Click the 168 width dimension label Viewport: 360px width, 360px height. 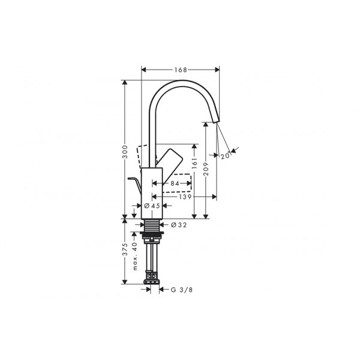pyautogui.click(x=181, y=70)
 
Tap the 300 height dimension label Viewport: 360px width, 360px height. pyautogui.click(x=125, y=152)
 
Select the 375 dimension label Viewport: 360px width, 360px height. pyautogui.click(x=125, y=250)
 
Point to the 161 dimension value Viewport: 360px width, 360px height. pyautogui.click(x=194, y=163)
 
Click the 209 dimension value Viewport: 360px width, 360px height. pyautogui.click(x=206, y=169)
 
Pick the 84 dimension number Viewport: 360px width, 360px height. pyautogui.click(x=175, y=183)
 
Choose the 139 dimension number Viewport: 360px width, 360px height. pyautogui.click(x=185, y=197)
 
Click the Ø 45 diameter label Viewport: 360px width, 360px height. pyautogui.click(x=152, y=206)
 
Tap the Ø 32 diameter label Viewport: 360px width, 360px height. pyautogui.click(x=179, y=225)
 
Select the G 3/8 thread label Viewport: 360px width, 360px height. pyautogui.click(x=182, y=290)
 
